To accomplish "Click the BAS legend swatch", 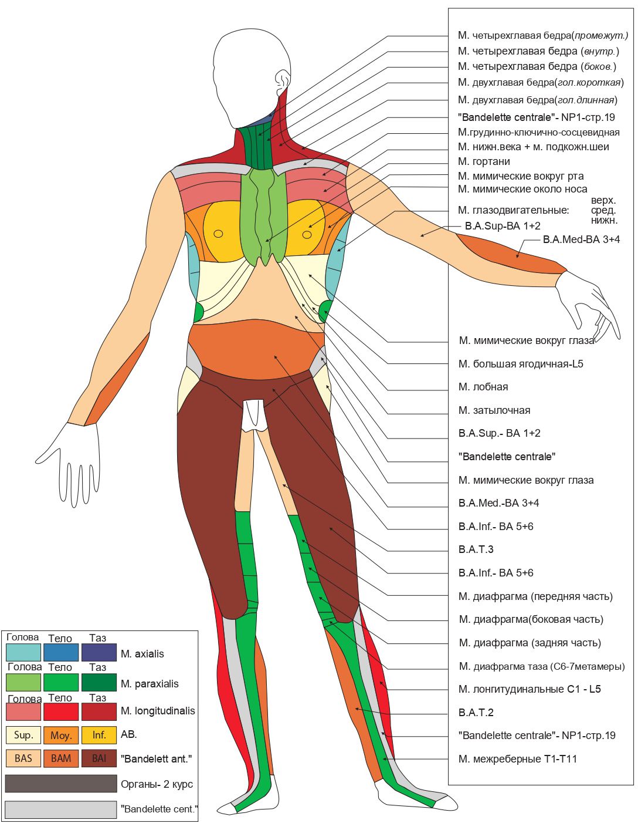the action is pos(23,758).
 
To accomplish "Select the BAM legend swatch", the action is pos(61,758).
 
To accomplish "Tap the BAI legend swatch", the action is pos(99,758).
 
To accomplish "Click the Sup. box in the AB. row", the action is pos(23,735).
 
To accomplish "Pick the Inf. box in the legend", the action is pos(99,735).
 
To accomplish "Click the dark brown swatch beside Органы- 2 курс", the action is pos(61,784).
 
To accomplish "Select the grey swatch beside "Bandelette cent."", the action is pos(61,809).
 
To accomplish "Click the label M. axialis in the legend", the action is pos(142,654).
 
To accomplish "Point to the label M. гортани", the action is pos(484,161).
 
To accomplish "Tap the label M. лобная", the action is pos(483,387).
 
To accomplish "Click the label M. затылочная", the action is pos(494,410).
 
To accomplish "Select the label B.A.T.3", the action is pos(476,549).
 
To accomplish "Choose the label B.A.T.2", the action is pos(476,713).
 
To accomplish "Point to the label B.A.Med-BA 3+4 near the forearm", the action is pos(581,240).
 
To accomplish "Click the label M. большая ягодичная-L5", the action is pos(521,364).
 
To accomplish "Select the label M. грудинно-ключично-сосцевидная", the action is pos(538,132).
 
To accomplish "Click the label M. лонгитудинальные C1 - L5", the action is pos(530,689).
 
